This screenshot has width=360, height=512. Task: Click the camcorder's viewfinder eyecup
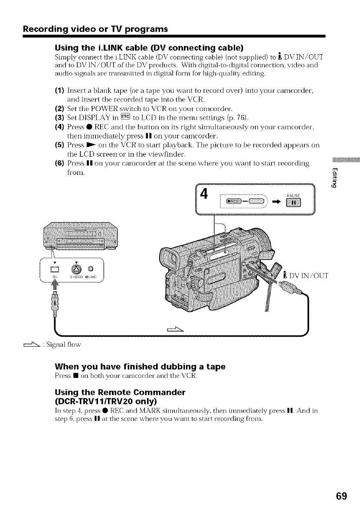[x=171, y=260]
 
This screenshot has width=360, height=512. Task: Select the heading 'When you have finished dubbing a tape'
[x=140, y=367]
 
